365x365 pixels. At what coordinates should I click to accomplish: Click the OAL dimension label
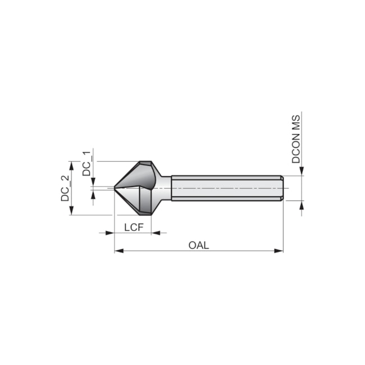point(198,245)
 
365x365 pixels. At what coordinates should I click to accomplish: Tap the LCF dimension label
point(133,227)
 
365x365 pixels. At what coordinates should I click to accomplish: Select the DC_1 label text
point(86,163)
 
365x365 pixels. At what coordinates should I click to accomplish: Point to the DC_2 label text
point(65,188)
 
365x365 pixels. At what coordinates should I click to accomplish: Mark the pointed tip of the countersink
point(115,188)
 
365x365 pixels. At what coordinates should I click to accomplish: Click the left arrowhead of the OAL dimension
point(118,251)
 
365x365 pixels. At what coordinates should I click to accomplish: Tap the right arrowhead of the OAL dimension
point(279,251)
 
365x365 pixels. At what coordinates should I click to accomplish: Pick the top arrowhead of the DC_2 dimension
point(71,165)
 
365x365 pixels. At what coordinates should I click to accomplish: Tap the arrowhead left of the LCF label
point(110,232)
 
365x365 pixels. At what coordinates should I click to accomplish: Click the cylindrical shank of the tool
point(225,188)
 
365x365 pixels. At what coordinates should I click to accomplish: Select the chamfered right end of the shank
point(282,188)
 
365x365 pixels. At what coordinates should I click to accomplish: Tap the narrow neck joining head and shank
point(166,188)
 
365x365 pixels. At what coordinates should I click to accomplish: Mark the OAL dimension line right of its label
point(241,251)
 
